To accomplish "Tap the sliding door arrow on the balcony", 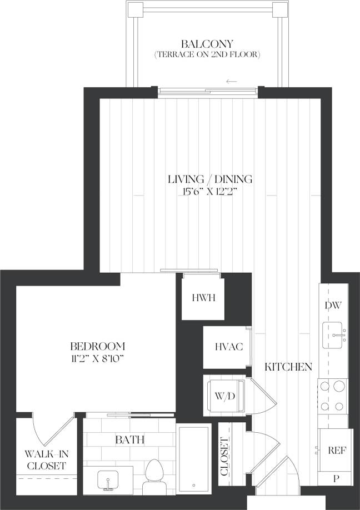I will (232, 82).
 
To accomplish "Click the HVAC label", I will (228, 347).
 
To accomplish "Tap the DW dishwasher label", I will (334, 305).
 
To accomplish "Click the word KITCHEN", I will (288, 367).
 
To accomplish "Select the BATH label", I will (130, 440).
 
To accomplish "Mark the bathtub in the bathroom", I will (194, 459).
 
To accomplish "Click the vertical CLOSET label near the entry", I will (224, 457).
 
